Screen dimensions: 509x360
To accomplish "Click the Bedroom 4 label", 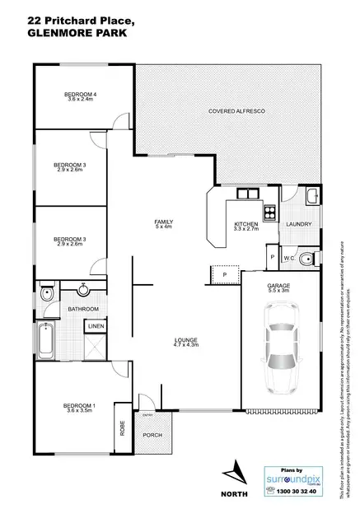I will [x=81, y=95].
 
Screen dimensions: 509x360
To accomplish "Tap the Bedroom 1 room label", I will [x=81, y=405].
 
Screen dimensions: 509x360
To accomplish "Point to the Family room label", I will [x=163, y=222].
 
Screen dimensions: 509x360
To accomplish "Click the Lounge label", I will [x=184, y=340].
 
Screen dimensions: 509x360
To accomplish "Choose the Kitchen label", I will [x=246, y=224].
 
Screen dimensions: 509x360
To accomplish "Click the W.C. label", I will [x=289, y=259].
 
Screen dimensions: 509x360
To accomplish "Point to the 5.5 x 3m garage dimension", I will [x=278, y=291].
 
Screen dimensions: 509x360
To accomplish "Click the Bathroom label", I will [x=83, y=309].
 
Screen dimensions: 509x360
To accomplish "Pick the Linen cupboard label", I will [x=95, y=326].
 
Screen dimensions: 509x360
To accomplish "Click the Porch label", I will [x=152, y=434].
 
